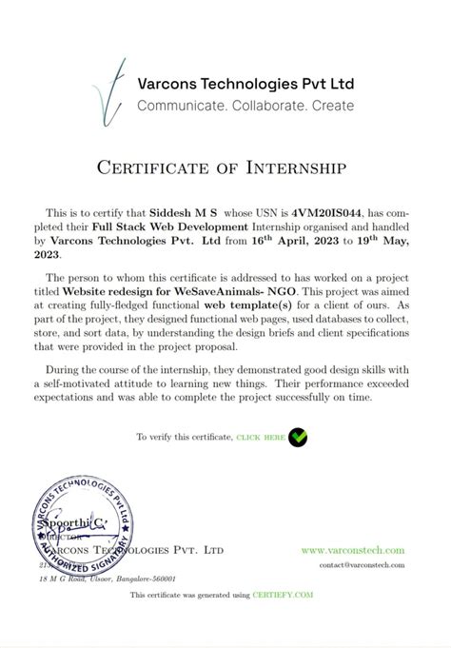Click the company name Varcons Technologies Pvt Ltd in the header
click(244, 84)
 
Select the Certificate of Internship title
click(225, 168)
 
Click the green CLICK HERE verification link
click(261, 437)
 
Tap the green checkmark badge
click(298, 437)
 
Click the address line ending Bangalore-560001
click(99, 578)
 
